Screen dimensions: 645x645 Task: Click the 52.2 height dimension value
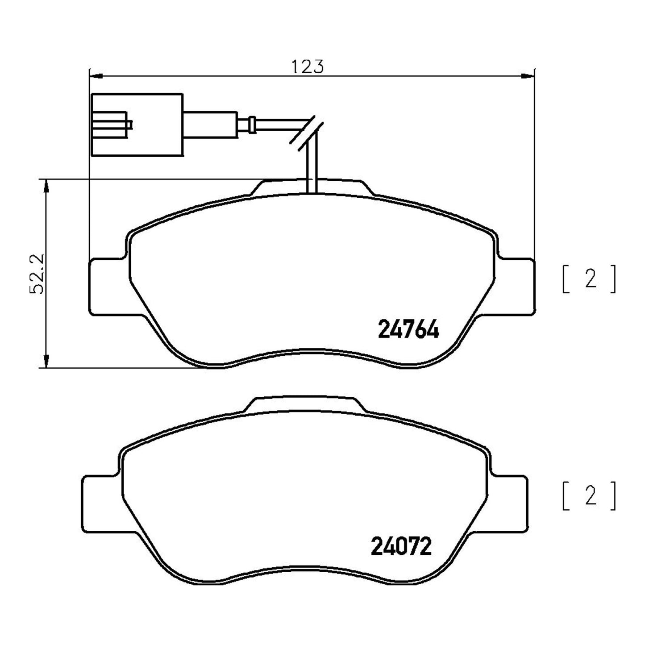(37, 274)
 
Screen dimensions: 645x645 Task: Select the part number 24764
(408, 329)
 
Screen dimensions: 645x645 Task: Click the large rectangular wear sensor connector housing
(137, 125)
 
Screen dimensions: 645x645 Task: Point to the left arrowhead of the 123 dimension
(96, 75)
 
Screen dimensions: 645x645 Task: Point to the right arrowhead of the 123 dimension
(528, 75)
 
